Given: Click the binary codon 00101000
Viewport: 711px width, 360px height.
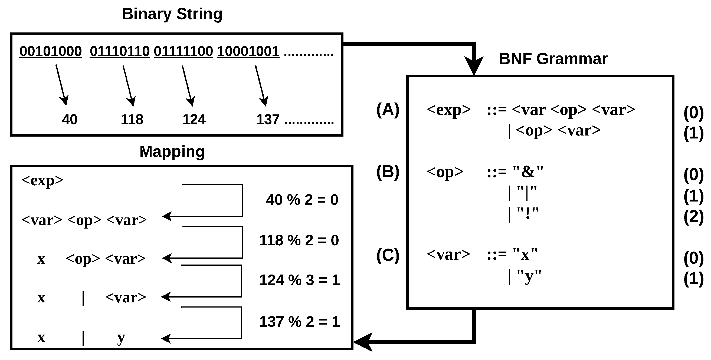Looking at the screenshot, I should click(51, 52).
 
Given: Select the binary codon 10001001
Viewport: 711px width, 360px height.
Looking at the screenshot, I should click(248, 52).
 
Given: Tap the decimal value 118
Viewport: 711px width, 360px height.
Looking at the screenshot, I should click(132, 120).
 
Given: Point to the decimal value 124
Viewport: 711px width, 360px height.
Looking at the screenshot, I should click(194, 120).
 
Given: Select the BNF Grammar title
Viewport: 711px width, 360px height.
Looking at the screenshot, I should click(553, 59).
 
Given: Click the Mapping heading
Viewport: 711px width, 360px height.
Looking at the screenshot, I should click(172, 151).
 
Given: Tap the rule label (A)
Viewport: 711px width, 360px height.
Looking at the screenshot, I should click(388, 110).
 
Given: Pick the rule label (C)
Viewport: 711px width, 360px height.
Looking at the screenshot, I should click(388, 255).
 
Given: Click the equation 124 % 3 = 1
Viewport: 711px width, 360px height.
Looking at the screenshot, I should click(299, 280).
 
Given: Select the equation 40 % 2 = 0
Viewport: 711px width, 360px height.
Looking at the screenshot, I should click(302, 200).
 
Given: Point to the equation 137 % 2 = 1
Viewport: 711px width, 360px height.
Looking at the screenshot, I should click(299, 322).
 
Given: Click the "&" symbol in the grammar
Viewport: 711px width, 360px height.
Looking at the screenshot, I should click(528, 172).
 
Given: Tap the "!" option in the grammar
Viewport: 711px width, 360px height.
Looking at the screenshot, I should click(528, 213).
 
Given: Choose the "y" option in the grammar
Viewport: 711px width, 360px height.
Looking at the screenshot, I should click(529, 276).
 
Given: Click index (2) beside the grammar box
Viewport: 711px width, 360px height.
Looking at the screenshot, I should click(693, 217).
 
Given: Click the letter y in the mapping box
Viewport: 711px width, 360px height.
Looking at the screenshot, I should click(121, 338).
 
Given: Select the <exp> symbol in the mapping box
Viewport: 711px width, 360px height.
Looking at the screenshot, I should click(42, 180).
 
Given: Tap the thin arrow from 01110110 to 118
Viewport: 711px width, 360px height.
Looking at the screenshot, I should click(128, 85).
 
